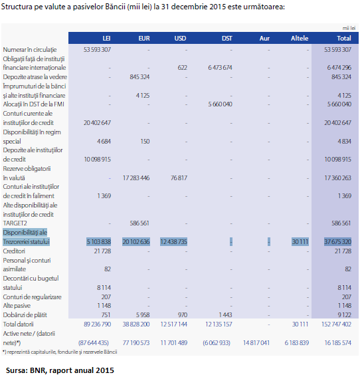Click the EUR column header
pos(144,38)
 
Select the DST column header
pos(227,38)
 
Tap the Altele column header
pos(300,38)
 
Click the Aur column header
pos(264,38)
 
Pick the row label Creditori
pos(14,251)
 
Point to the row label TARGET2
pos(15,223)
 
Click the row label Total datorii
pos(18,324)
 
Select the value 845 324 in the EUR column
pos(139,77)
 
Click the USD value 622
pos(182,68)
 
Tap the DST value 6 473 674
pos(220,68)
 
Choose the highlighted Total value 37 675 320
pos(337,241)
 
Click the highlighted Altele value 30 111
pos(300,241)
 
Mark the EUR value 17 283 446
pos(136,178)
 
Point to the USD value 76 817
pos(179,178)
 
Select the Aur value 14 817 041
pos(256,342)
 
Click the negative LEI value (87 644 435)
pos(94,342)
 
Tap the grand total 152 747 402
pos(336,324)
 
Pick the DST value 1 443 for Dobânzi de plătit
pos(226,314)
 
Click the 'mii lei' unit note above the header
pos(349,28)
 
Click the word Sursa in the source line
pos(17,370)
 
